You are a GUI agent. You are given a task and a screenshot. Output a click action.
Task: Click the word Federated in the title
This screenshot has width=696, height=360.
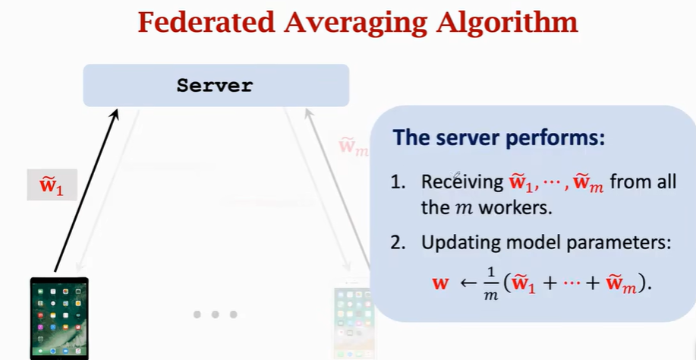[207, 22]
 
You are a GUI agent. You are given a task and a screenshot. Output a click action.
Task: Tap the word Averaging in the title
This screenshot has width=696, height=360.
[355, 24]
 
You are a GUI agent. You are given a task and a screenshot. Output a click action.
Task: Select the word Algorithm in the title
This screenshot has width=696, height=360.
[506, 24]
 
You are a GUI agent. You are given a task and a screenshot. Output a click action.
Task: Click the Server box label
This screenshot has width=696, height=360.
[215, 85]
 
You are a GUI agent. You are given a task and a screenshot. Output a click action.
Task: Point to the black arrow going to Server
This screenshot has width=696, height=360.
[87, 191]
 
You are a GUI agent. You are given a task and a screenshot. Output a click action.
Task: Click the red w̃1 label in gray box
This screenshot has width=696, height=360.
[52, 185]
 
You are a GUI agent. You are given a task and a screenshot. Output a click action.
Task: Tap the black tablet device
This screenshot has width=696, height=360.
[59, 318]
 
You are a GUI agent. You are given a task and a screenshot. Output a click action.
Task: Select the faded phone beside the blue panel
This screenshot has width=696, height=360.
[352, 322]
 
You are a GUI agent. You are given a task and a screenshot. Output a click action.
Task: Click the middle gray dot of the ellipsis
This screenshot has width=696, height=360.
[216, 314]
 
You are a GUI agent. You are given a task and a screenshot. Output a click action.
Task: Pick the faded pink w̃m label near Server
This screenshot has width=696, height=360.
[354, 147]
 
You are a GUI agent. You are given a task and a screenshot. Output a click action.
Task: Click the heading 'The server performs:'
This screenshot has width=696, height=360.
[499, 137]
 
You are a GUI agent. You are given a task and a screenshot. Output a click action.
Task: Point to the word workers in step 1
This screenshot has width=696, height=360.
[516, 207]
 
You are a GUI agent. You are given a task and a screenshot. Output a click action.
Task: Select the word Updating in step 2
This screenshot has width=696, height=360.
[458, 243]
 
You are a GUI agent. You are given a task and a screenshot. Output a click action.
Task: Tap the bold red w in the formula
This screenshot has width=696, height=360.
[440, 283]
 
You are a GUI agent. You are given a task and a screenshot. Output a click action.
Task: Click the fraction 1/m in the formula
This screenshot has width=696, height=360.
[490, 283]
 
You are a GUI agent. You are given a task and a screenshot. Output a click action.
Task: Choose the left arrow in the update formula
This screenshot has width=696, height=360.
[469, 283]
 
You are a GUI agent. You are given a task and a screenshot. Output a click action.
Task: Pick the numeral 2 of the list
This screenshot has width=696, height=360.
[395, 243]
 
